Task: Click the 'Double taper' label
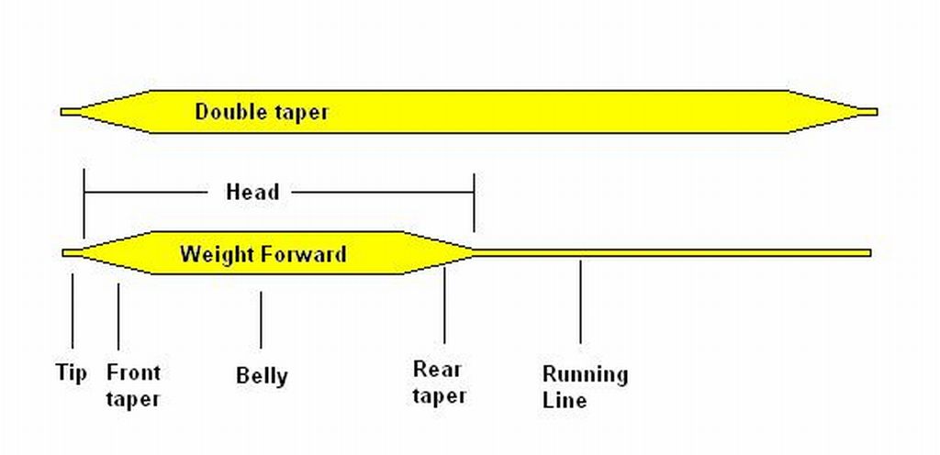tap(262, 112)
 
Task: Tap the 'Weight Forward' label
tap(263, 254)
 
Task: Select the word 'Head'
tap(252, 192)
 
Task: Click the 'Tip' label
tap(72, 372)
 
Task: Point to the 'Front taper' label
tap(133, 385)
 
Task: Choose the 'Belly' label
tap(262, 376)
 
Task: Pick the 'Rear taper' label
tap(440, 382)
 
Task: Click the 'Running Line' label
tap(585, 387)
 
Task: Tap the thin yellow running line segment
tap(672, 253)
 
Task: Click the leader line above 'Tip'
tap(73, 311)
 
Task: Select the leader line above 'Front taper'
tap(118, 316)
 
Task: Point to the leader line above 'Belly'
tap(261, 320)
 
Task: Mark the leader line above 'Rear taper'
tap(444, 305)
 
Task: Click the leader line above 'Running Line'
tap(580, 302)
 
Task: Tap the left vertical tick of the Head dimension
tap(84, 204)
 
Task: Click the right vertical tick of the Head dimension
tap(475, 203)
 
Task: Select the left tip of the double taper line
tap(62, 112)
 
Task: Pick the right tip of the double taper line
tap(877, 112)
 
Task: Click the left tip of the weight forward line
tap(63, 253)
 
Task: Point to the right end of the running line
tap(870, 253)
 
